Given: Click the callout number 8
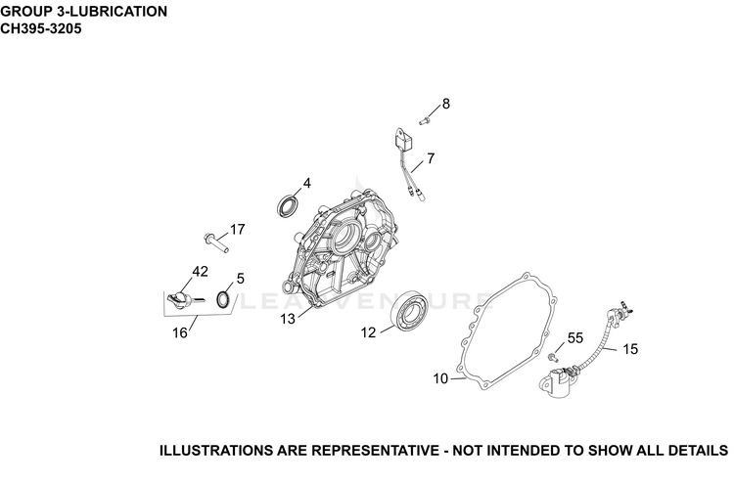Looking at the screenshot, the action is [445, 104].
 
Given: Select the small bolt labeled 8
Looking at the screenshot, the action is [425, 120].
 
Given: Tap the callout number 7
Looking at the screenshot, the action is [431, 158].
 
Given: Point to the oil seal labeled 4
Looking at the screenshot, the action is [288, 206].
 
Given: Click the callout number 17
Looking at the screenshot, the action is [238, 230].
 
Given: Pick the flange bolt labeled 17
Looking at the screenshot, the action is [216, 242].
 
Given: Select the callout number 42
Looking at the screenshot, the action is [201, 272].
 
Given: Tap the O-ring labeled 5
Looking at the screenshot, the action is [223, 300].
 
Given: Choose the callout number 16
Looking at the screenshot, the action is [180, 333].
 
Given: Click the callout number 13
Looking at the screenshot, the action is [288, 319].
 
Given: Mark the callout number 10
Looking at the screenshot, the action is [440, 378].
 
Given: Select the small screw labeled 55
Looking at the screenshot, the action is [553, 358].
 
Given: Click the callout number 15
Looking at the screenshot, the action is [630, 349].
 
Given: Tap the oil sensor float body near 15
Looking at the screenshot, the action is [557, 382].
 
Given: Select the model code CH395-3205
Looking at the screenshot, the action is [41, 29].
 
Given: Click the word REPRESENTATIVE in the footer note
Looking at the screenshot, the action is [375, 451].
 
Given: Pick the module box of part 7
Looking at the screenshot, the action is [402, 141].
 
